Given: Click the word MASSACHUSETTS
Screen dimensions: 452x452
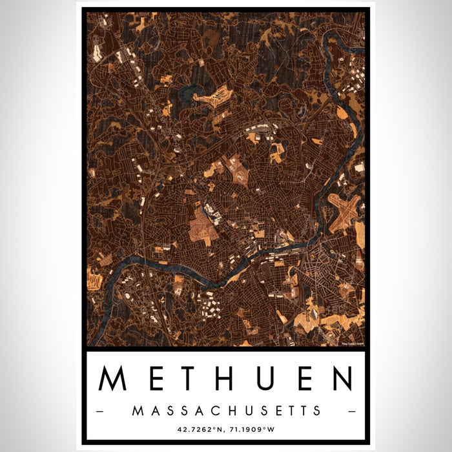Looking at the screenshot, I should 226,410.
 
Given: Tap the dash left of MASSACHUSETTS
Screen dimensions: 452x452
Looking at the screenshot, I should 99,411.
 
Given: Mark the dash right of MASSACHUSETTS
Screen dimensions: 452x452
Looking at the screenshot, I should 352,411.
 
